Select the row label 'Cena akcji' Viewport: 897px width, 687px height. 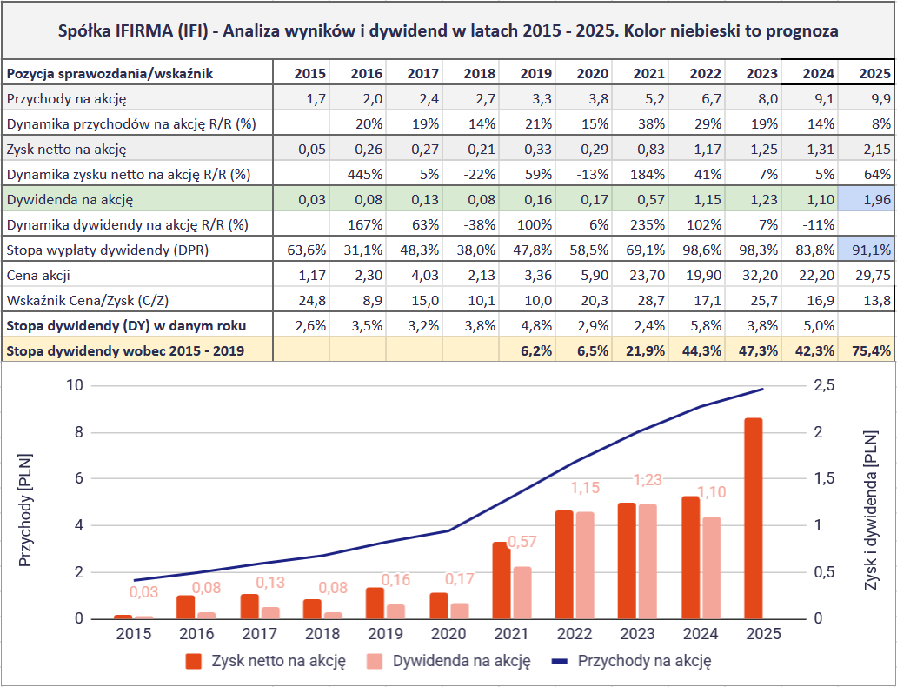(x=39, y=276)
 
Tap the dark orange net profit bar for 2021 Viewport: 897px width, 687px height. (x=501, y=580)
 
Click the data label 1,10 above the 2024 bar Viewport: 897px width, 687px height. (x=712, y=493)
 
